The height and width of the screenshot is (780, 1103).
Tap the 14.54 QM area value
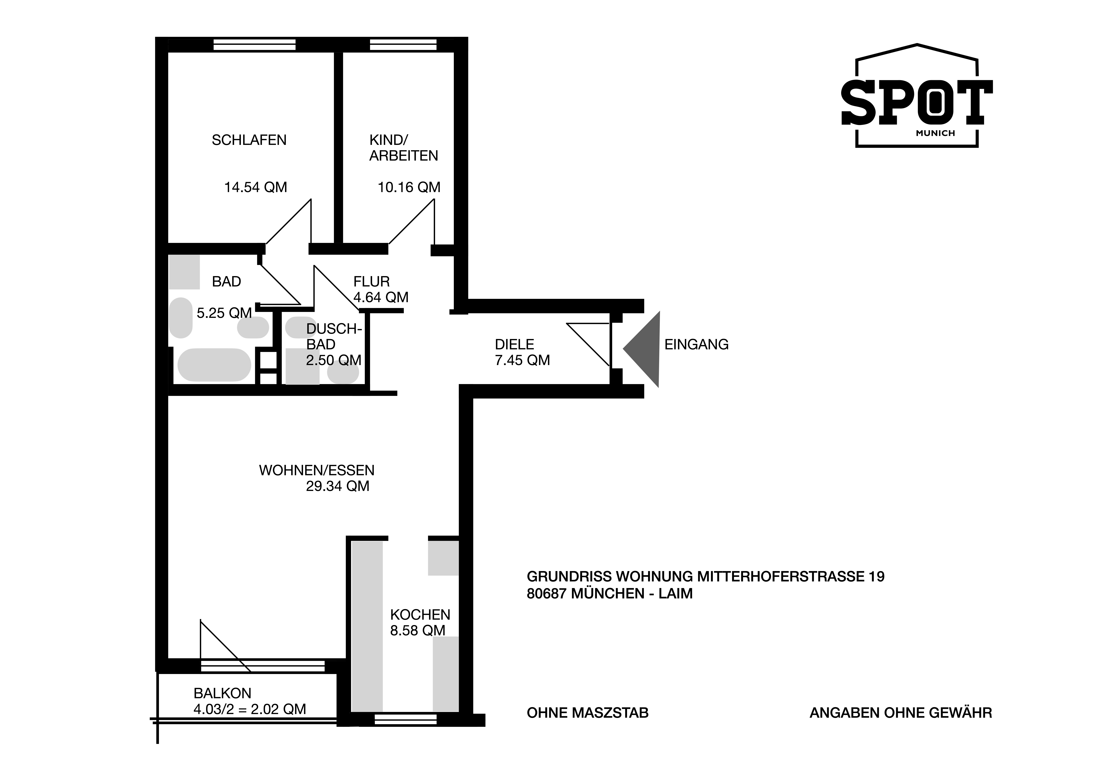click(256, 187)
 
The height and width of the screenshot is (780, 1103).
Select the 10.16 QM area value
click(409, 187)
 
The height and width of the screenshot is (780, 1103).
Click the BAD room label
click(226, 282)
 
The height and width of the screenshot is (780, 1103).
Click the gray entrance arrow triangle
click(642, 349)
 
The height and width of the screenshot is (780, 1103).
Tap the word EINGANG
click(697, 345)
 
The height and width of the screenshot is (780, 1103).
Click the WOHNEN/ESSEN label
click(317, 470)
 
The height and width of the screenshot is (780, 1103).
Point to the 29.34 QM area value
click(338, 486)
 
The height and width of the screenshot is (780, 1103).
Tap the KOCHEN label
click(420, 615)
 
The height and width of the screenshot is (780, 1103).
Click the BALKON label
click(222, 693)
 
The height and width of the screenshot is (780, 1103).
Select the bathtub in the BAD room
click(214, 365)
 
